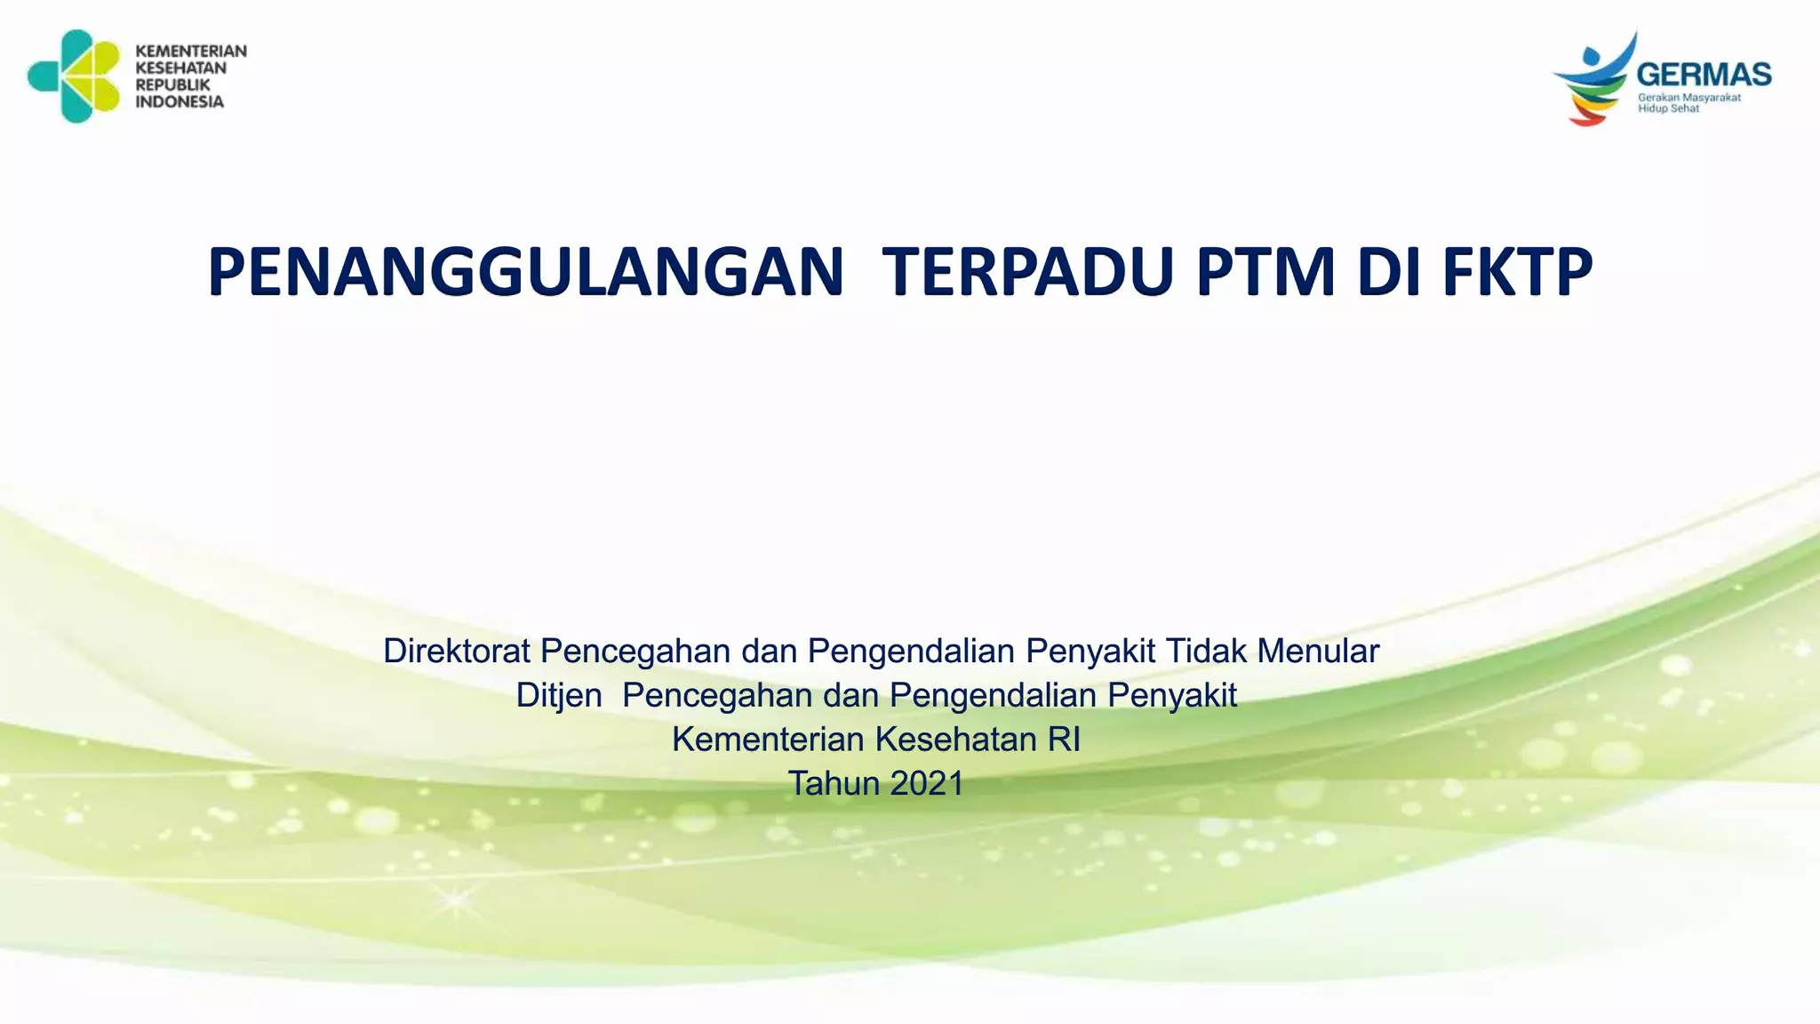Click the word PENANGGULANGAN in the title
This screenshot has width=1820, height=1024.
525,272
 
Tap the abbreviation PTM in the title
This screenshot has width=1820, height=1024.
1265,272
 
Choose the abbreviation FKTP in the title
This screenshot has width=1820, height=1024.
1517,272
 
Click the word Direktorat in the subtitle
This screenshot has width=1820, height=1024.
457,652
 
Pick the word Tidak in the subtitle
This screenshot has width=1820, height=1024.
1206,652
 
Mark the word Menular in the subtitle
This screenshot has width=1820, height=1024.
1318,652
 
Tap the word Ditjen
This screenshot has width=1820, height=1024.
559,696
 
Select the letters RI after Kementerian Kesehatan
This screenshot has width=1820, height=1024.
1064,740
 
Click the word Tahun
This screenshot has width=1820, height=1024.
834,784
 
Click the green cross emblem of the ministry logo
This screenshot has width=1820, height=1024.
75,76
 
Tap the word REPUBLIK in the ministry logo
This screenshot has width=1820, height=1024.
172,85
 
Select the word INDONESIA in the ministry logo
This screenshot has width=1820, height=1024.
180,102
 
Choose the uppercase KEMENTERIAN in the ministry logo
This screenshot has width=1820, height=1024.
191,52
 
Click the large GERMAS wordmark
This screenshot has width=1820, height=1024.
1704,75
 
